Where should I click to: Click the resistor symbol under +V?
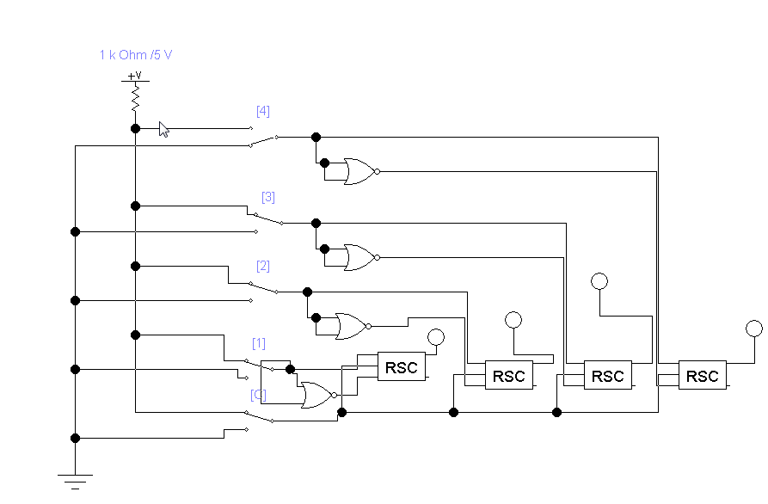[x=135, y=101]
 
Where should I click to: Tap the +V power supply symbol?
[x=135, y=77]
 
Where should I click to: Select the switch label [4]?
[x=262, y=111]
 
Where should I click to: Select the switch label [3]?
[x=267, y=197]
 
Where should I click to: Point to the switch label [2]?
[x=263, y=266]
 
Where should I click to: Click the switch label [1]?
[x=258, y=343]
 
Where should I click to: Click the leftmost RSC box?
[x=402, y=367]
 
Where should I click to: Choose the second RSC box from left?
[x=508, y=376]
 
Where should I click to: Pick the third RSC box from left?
[x=608, y=376]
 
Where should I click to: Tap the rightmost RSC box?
[x=703, y=376]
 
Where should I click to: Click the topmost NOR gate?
[x=359, y=171]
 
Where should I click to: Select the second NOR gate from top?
[x=359, y=257]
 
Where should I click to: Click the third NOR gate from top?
[x=351, y=326]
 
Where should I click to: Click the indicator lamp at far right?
[x=754, y=328]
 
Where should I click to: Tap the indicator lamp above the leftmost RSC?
[x=436, y=336]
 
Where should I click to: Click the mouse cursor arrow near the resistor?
[x=163, y=129]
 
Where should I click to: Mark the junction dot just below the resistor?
[x=135, y=128]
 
